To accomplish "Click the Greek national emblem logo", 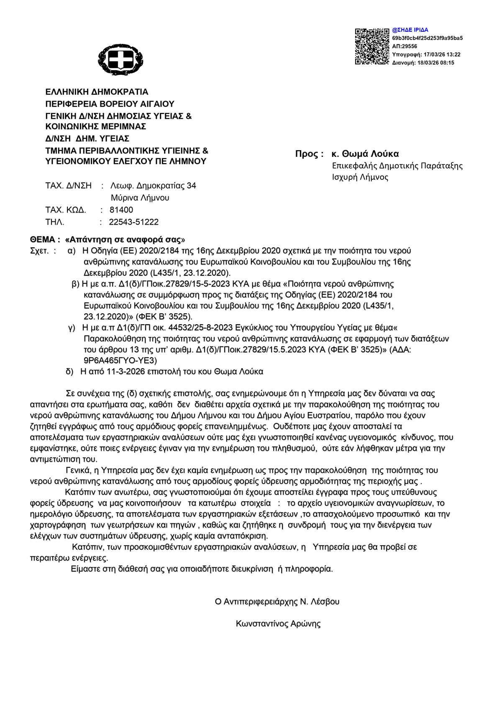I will point(120,59).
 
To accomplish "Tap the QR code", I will point(372,46).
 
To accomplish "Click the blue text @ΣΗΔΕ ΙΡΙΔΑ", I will point(410,30).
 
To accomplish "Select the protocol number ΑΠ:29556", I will point(405,46).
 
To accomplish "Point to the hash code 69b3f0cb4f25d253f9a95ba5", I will point(427,38).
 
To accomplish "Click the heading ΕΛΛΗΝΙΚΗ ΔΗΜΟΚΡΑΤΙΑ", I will point(97,92).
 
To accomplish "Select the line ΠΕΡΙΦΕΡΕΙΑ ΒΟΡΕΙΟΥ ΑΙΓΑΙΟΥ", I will point(110,104).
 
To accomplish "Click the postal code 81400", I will point(121,210).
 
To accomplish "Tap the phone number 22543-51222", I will point(134,222).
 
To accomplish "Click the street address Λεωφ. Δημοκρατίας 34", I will point(153,186).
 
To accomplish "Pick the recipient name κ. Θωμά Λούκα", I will point(365,154).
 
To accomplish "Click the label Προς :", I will point(309,154).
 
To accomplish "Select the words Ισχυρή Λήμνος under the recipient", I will point(360,177).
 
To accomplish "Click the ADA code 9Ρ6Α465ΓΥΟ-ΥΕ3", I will point(120,360).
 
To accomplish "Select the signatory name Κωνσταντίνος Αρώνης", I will point(278,624).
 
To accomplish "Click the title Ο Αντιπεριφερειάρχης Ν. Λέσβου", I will point(277,602).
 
